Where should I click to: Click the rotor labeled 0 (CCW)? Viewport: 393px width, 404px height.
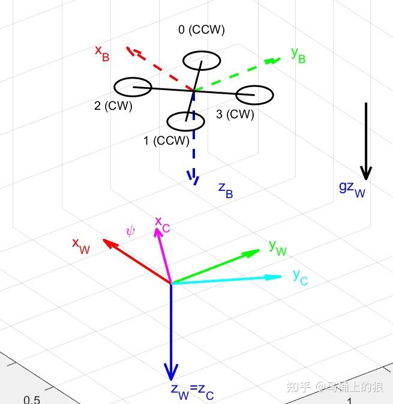pos(202,61)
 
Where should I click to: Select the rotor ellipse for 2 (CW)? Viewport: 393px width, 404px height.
pos(133,88)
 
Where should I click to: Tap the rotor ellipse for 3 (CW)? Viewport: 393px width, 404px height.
pos(254,95)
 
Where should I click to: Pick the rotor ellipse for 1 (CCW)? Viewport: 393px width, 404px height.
pos(185,121)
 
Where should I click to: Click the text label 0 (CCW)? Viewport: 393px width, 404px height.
pos(202,29)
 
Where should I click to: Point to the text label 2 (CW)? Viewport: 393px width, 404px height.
pos(113,106)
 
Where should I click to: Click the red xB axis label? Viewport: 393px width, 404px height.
pos(103,52)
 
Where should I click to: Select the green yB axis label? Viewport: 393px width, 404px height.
pos(298,55)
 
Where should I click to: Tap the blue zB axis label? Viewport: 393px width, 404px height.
pos(226,190)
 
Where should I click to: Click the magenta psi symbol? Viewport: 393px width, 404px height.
pos(130,230)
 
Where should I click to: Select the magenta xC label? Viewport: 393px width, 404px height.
pos(163,223)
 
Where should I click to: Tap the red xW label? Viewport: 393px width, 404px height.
pos(80,246)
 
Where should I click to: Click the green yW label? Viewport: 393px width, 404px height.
pos(277,247)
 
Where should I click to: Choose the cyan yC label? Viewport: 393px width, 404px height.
pos(299,277)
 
